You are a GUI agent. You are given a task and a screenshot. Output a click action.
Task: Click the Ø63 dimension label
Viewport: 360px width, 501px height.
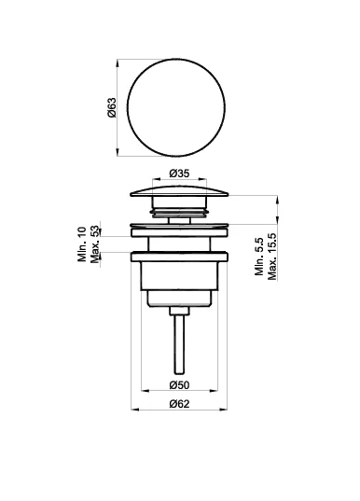click(112, 107)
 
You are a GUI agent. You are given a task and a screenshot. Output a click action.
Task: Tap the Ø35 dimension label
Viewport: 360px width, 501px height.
click(179, 174)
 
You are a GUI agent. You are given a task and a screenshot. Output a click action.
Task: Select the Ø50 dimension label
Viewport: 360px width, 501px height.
click(179, 385)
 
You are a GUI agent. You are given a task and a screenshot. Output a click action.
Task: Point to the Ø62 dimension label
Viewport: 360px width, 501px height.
click(179, 404)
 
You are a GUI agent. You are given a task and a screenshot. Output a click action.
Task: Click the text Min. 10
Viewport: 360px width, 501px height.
click(82, 244)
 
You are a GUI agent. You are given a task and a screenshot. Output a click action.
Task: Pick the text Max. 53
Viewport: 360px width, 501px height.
click(95, 244)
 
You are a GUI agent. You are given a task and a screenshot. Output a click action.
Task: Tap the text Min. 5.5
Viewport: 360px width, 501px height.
click(259, 257)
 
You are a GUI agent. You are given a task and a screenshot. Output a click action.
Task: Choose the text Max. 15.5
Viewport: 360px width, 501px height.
click(271, 257)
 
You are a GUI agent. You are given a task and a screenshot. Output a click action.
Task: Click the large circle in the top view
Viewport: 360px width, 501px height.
click(176, 59)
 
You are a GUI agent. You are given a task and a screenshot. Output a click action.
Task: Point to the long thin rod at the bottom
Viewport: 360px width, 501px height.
click(179, 344)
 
